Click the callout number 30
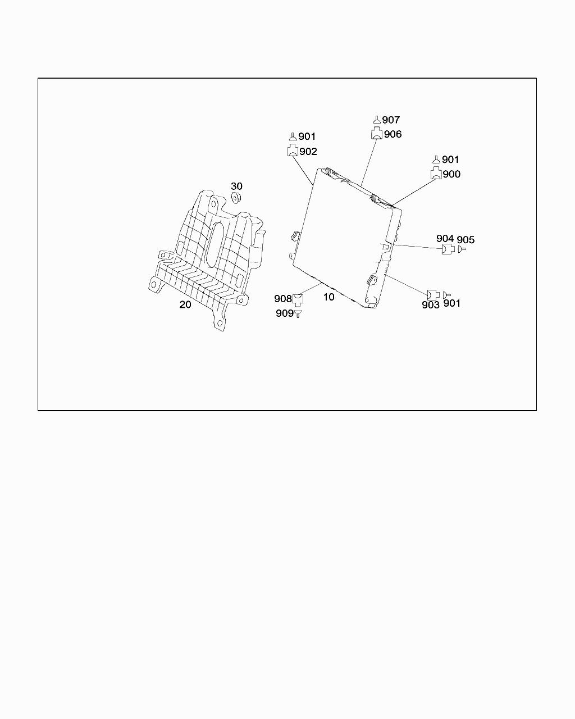[x=236, y=186]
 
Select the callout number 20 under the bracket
[x=185, y=304]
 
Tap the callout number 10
[x=328, y=297]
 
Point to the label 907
[x=391, y=120]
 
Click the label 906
[x=393, y=134]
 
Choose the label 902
[x=308, y=151]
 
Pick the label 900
[x=451, y=174]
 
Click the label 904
[x=445, y=239]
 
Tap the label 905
[x=466, y=240]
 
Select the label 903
[x=430, y=304]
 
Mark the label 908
[x=282, y=299]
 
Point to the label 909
[x=284, y=313]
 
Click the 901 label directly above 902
[x=307, y=136]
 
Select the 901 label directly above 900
[x=450, y=160]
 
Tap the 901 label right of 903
[x=451, y=303]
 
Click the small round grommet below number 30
[x=236, y=197]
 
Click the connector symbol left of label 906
[x=376, y=134]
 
